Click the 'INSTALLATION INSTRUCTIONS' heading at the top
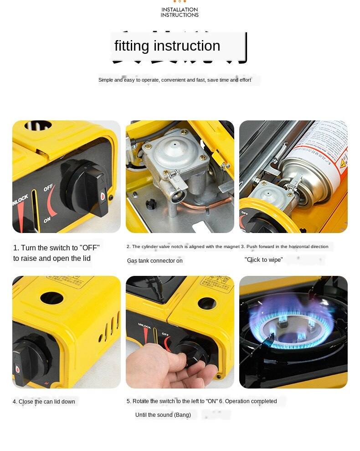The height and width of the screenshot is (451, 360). pos(180,12)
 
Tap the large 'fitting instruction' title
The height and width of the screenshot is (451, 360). pos(167,46)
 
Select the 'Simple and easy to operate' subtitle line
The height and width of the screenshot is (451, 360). pos(175,80)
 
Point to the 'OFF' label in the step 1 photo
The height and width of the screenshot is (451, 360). pos(48,187)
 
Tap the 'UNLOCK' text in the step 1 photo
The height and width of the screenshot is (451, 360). pos(21,201)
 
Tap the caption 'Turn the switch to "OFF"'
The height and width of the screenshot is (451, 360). pos(56,248)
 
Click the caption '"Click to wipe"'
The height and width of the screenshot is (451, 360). pos(263,260)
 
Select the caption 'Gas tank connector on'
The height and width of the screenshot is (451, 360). pos(154,261)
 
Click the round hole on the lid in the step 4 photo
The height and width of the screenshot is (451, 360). pos(51,298)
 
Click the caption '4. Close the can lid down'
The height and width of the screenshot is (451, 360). pos(44,402)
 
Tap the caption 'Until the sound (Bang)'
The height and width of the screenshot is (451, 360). pos(160,415)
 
